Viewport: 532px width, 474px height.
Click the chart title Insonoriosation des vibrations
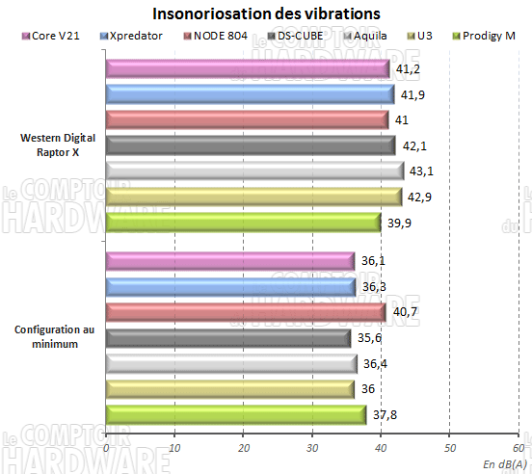pos(266,14)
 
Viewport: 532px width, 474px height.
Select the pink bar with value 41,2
pos(248,69)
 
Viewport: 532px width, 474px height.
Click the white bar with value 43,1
pos(254,171)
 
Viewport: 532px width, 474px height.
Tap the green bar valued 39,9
pos(243,222)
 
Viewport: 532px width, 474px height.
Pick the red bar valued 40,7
pos(246,312)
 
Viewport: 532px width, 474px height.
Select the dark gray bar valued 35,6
pos(227,337)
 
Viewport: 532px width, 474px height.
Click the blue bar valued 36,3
pos(230,286)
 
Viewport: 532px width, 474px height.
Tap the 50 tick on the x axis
pos(449,448)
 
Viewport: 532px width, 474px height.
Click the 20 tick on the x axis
pos(243,448)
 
